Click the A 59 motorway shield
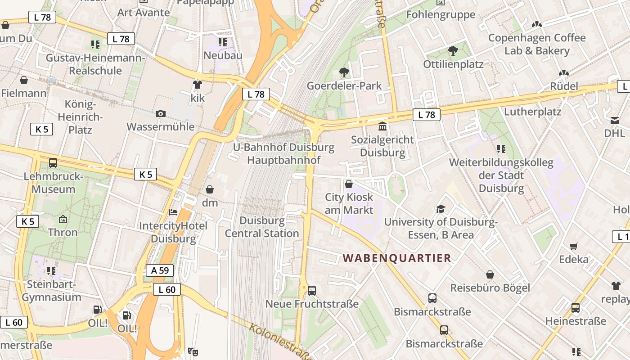pos(160,270)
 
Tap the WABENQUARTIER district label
pos(396,258)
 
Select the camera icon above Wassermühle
pos(161,113)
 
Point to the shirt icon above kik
pos(197,84)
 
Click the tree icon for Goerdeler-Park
pos(344,72)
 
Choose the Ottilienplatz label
pos(453,64)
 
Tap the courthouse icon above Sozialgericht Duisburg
pos(382,126)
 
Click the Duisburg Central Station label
pos(262,227)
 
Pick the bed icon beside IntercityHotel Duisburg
pos(173,212)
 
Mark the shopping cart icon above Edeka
pos(573,246)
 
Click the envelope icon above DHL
pos(615,120)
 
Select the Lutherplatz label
pos(532,111)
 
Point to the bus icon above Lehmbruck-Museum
pos(53,163)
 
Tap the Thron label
pos(63,232)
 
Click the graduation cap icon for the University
pos(441,209)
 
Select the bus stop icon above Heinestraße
pos(576,308)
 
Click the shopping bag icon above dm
pos(209,190)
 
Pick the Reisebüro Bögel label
pos(490,288)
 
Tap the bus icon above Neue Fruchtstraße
pos(312,291)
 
